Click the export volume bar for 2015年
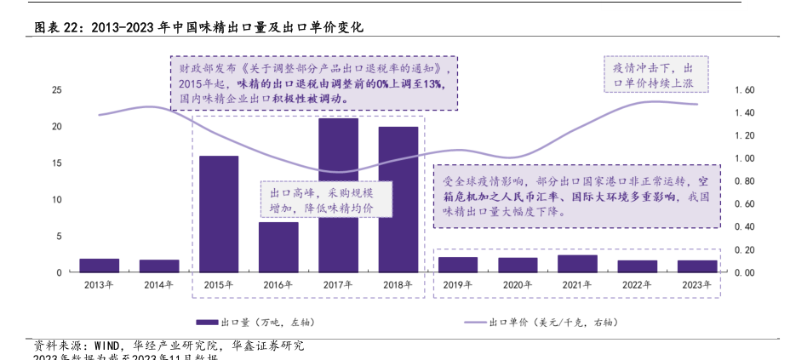219,214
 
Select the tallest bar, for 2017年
338,195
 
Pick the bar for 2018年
398,199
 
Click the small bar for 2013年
100,265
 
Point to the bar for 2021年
577,263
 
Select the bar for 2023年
697,266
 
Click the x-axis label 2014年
159,284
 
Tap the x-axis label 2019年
458,284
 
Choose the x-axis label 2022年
638,284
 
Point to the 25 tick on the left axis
56,89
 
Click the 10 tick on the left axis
56,199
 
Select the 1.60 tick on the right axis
744,89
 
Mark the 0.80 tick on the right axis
744,181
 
